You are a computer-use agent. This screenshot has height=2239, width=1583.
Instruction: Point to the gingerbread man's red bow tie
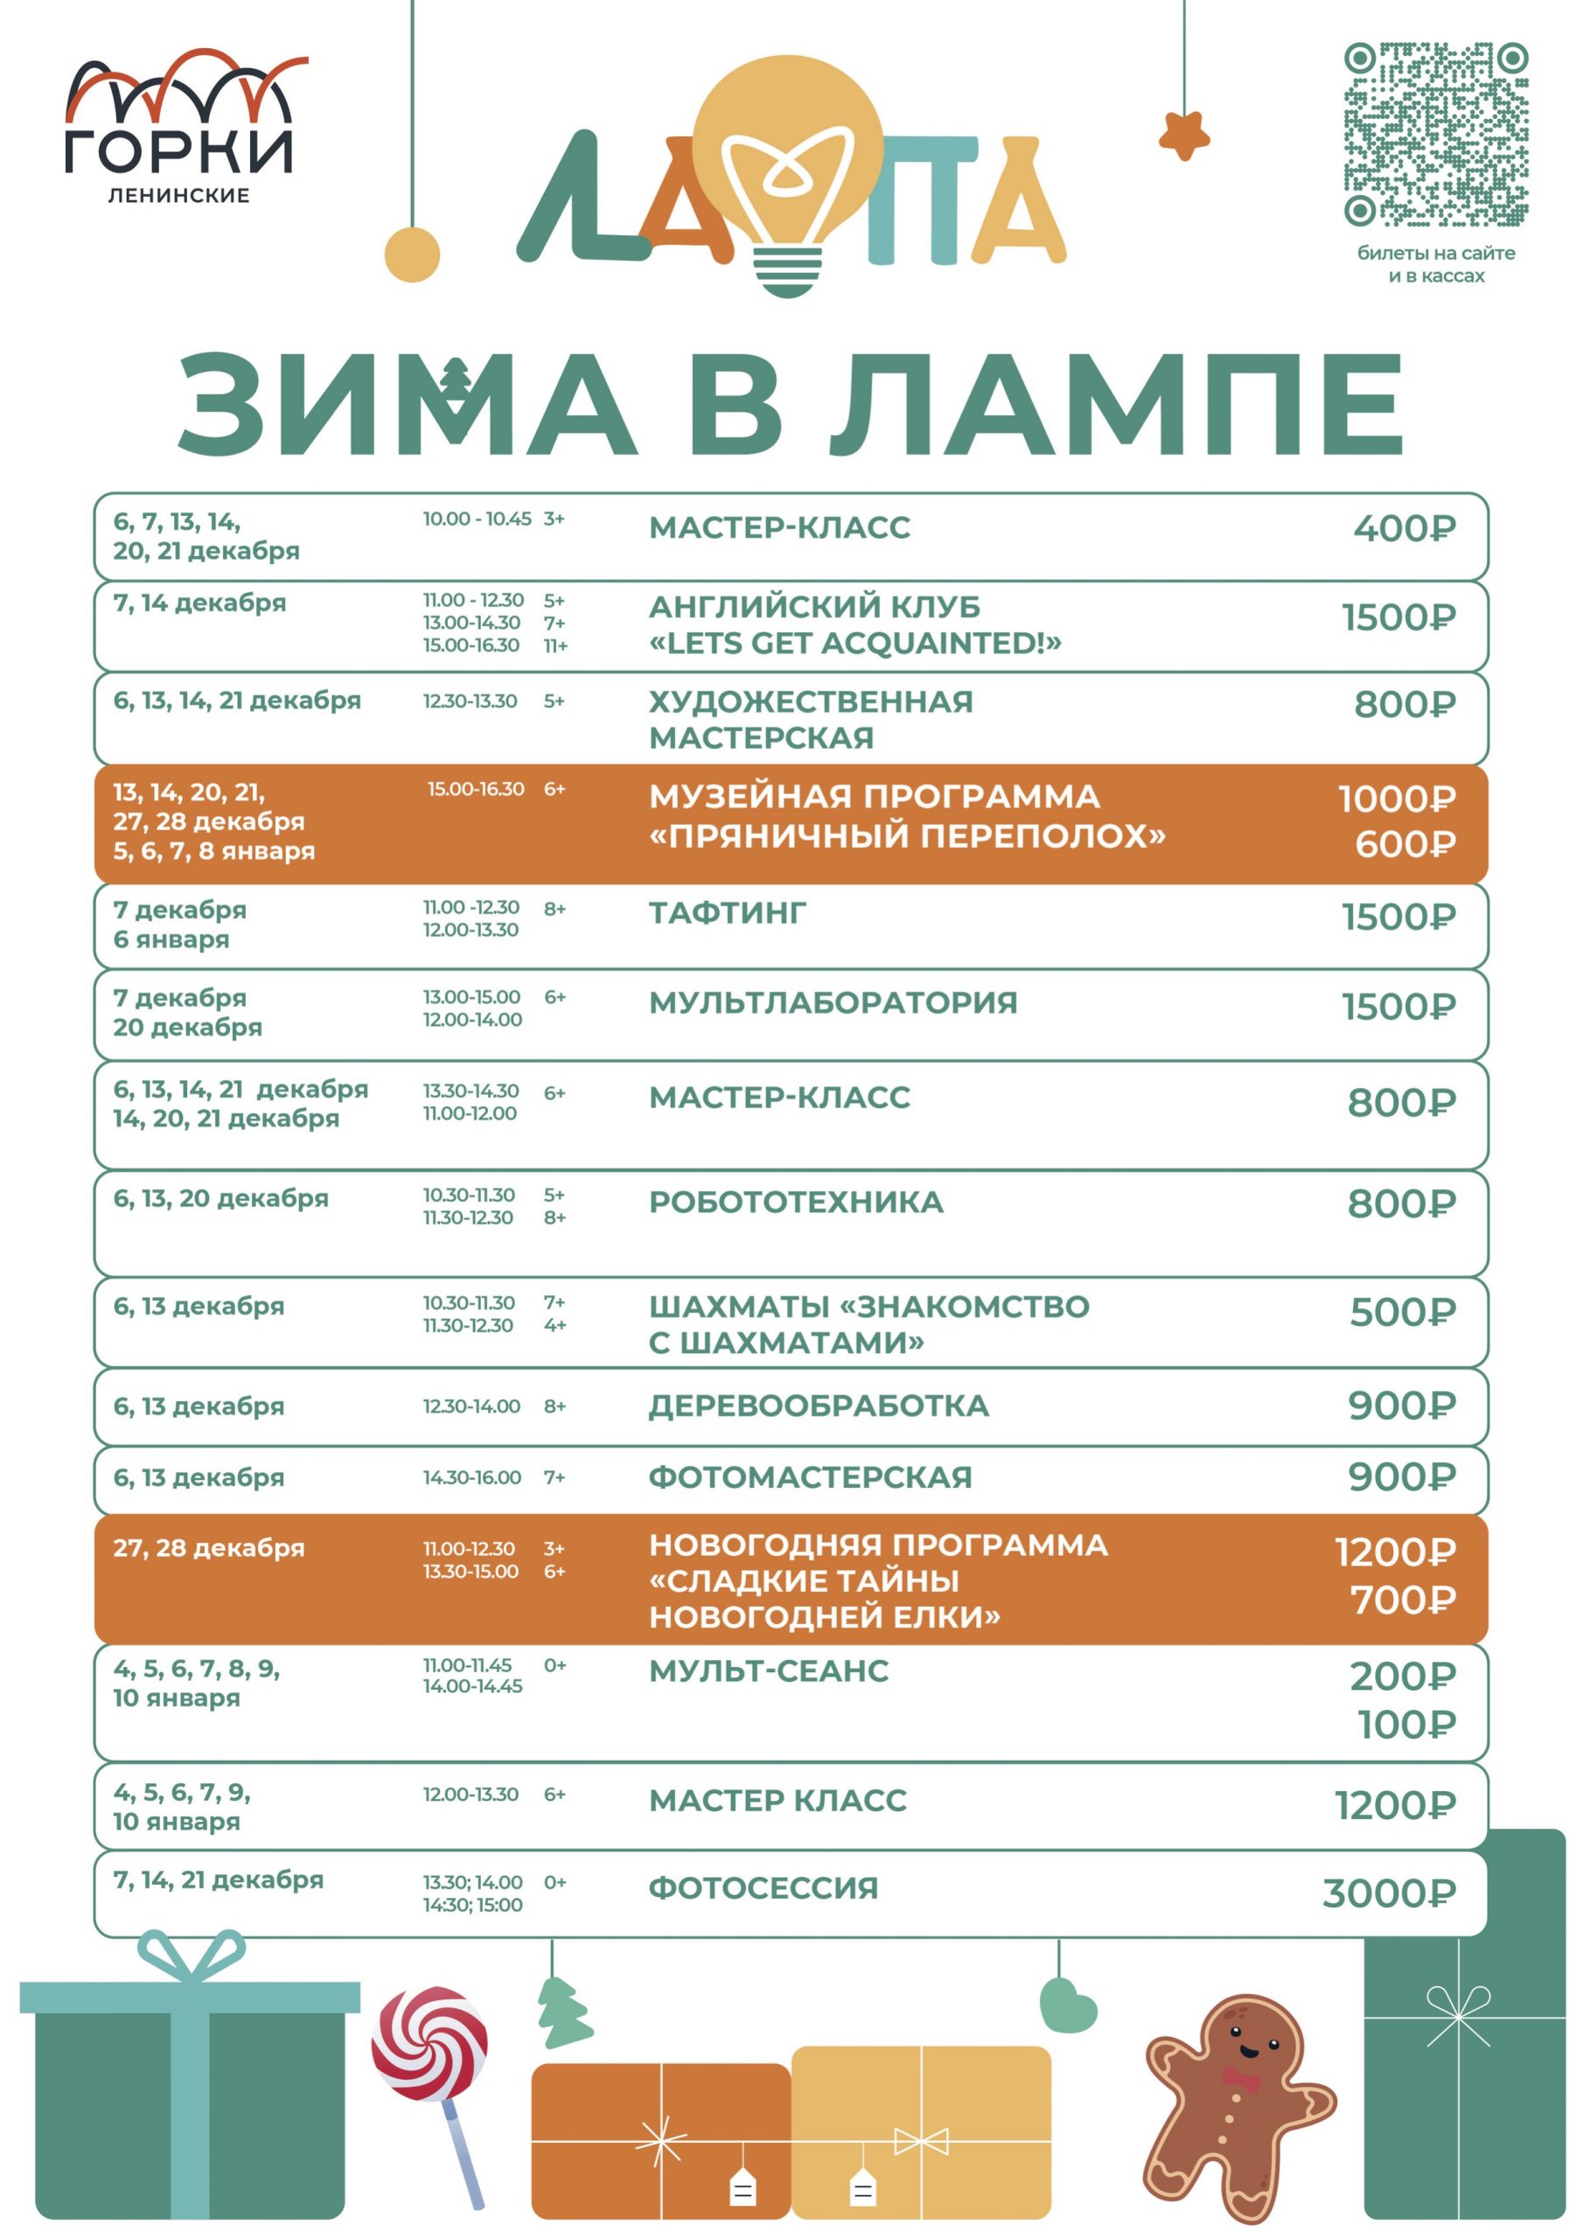coord(1241,2078)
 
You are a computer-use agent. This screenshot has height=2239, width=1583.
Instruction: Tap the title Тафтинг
coord(728,913)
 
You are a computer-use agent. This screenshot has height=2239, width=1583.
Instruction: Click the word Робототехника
coord(796,1203)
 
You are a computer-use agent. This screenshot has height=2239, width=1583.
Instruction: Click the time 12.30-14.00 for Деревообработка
coord(471,1406)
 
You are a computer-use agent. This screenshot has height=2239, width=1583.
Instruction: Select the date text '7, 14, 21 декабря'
coord(218,1880)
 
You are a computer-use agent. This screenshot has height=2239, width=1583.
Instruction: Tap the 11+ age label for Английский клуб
coord(556,645)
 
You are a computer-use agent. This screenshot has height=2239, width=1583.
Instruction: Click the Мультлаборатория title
coord(833,1002)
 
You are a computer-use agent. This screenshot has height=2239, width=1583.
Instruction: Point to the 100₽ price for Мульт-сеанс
coord(1406,1725)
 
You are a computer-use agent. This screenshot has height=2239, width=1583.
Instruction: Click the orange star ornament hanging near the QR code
coord(1184,136)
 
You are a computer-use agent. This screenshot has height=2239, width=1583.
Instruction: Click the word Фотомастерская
coord(811,1477)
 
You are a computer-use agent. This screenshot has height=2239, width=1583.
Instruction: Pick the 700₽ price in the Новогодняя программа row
coord(1403,1601)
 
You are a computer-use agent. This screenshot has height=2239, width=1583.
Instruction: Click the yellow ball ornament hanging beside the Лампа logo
coord(412,255)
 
